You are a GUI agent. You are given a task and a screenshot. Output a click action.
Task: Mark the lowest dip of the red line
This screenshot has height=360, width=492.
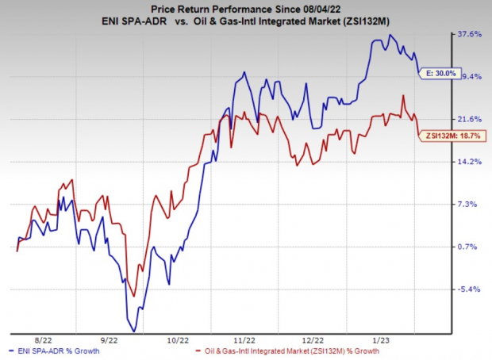click(134, 296)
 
